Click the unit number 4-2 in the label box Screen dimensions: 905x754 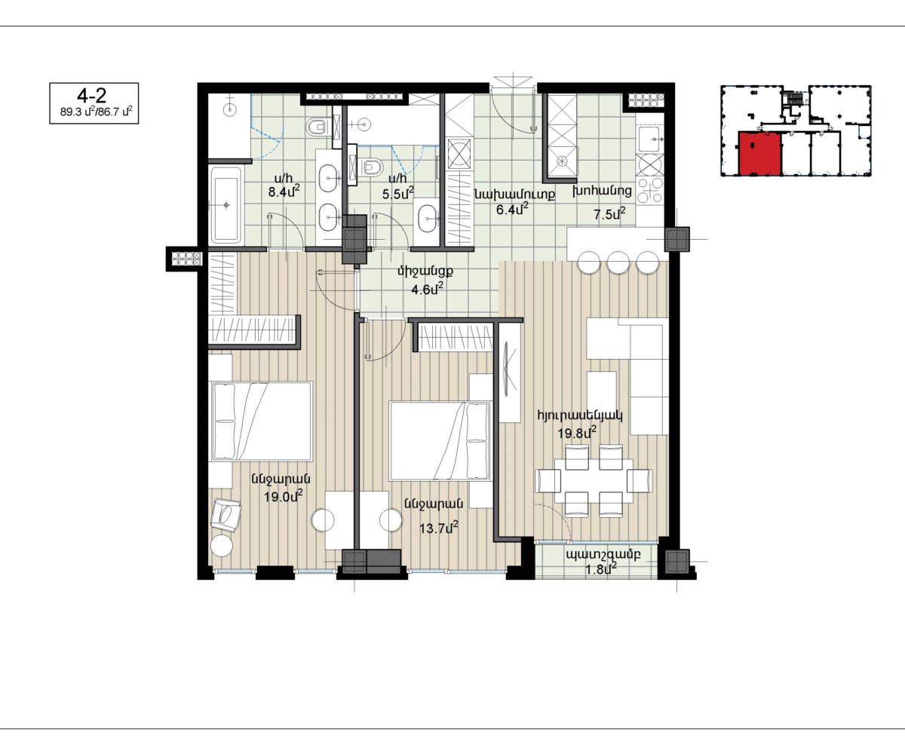pyautogui.click(x=91, y=95)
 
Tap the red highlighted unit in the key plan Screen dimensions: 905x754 pyautogui.click(x=759, y=154)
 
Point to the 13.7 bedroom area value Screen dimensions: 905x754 pyautogui.click(x=438, y=529)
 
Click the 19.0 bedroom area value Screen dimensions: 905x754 pyautogui.click(x=283, y=496)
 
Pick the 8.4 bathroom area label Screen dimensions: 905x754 pyautogui.click(x=284, y=191)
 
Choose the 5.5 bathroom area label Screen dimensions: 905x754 pyautogui.click(x=397, y=193)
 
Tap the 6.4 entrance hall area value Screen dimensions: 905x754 pyautogui.click(x=512, y=210)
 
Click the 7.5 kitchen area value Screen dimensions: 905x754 pyautogui.click(x=609, y=213)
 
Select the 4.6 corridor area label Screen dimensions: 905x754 pyautogui.click(x=427, y=289)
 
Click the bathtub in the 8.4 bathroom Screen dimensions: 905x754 pyautogui.click(x=225, y=205)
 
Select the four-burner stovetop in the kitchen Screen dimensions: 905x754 pyautogui.click(x=650, y=190)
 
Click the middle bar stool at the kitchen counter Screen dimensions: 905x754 pyautogui.click(x=618, y=262)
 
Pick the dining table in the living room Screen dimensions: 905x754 pyautogui.click(x=594, y=480)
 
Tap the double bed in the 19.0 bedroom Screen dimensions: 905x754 pyautogui.click(x=262, y=421)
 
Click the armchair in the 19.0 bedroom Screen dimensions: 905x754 pyautogui.click(x=225, y=515)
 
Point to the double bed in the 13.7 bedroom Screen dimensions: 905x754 pyautogui.click(x=440, y=441)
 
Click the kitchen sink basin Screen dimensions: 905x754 pyautogui.click(x=649, y=138)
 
